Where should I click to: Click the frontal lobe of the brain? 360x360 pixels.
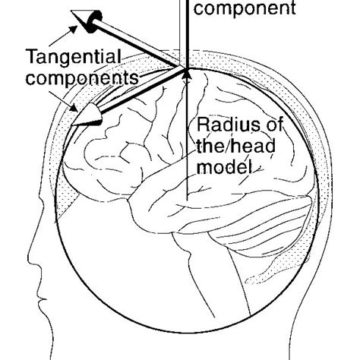click(114, 152)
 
